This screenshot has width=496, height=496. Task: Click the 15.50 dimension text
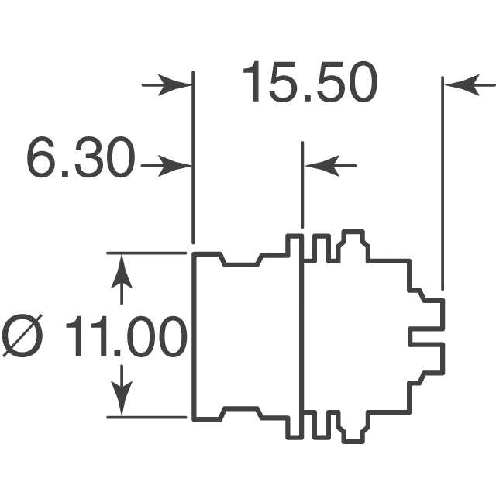310,83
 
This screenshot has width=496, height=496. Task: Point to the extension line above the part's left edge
191,155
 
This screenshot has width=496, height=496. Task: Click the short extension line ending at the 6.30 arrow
302,186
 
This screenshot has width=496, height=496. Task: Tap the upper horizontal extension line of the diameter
147,252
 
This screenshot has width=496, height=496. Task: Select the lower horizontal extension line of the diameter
147,418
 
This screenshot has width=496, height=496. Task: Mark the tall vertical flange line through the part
301,333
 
